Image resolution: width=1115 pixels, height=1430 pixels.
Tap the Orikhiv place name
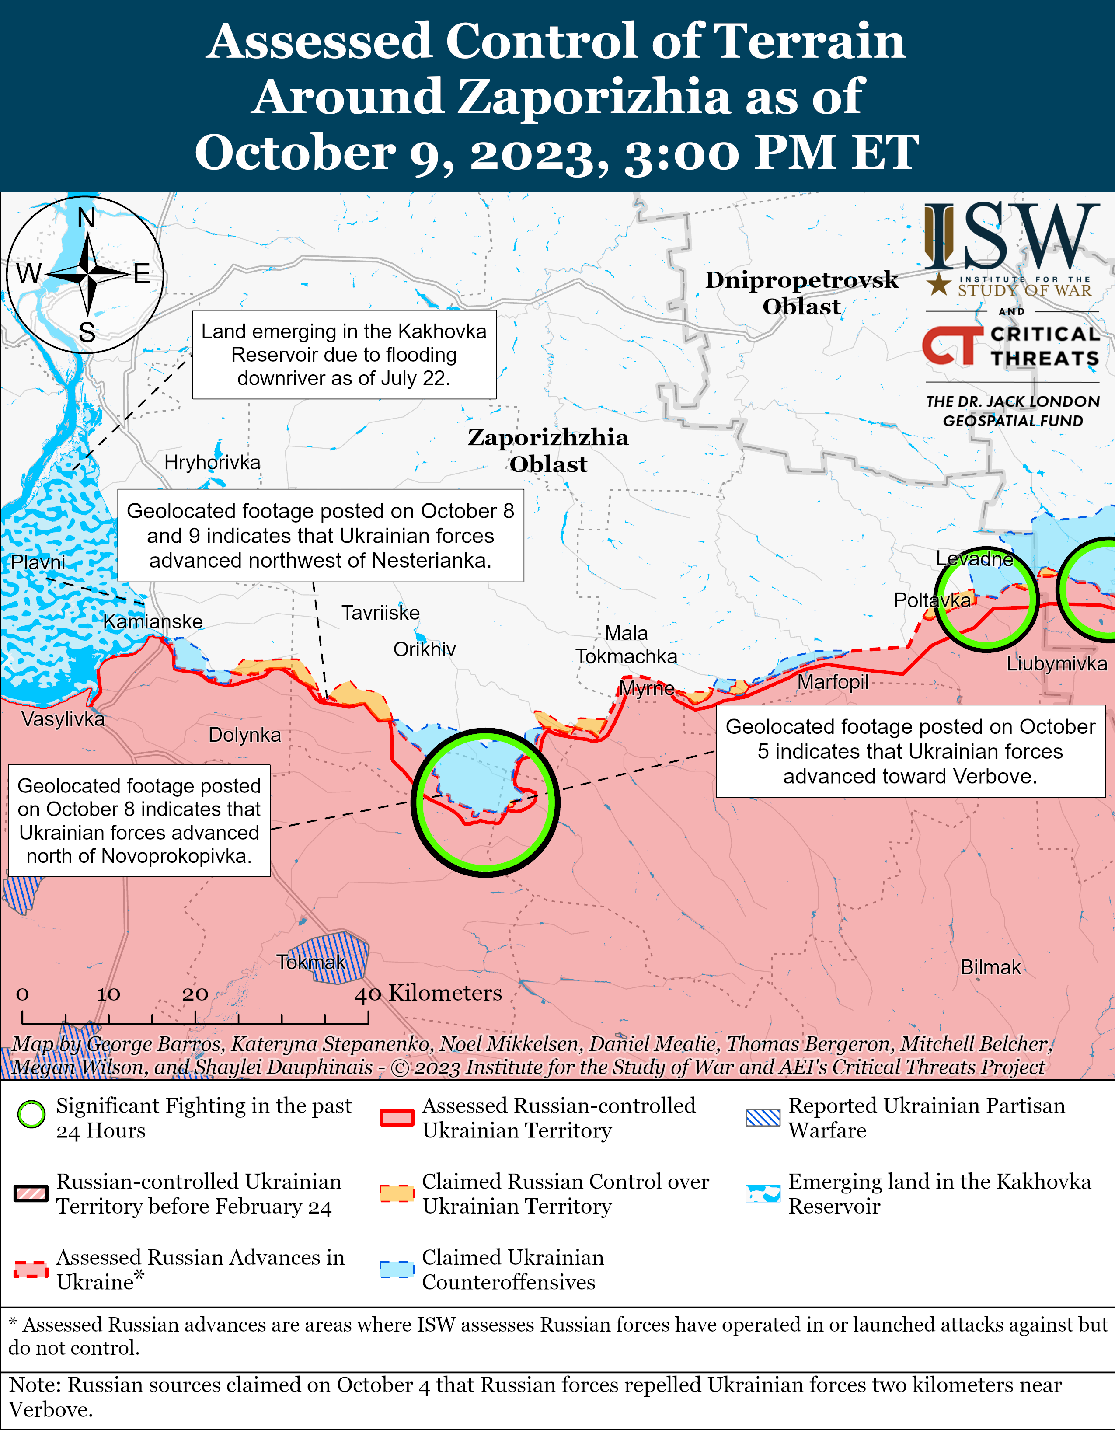(424, 649)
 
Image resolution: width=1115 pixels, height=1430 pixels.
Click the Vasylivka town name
(63, 719)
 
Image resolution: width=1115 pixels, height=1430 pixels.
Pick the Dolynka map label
(244, 735)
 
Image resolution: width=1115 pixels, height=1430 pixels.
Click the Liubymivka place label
(1056, 663)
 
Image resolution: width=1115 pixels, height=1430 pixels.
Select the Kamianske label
(153, 621)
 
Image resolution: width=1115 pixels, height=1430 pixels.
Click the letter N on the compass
(87, 218)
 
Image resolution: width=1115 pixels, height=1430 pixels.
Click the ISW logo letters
(1011, 237)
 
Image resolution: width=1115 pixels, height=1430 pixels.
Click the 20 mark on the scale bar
(195, 994)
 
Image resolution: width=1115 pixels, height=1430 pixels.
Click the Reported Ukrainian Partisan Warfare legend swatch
(763, 1118)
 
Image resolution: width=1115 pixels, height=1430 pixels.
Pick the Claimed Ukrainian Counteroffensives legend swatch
(397, 1270)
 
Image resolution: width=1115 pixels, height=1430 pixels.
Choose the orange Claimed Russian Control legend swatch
(397, 1193)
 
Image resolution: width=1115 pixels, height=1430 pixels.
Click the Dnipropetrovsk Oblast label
(801, 293)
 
